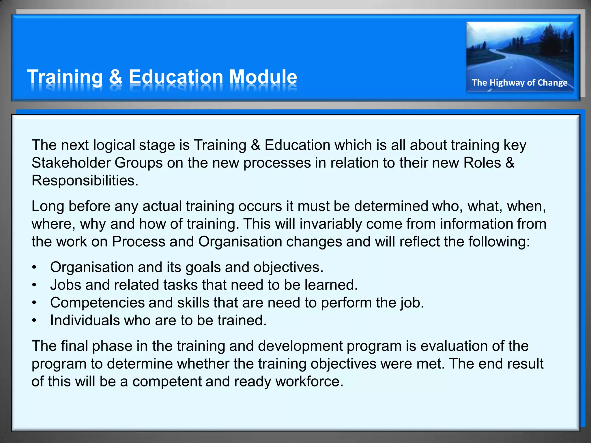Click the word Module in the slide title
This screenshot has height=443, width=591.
pyautogui.click(x=263, y=77)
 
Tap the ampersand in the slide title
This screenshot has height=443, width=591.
pyautogui.click(x=115, y=77)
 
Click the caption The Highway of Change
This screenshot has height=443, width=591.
pyautogui.click(x=519, y=83)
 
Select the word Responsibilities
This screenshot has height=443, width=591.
pyautogui.click(x=85, y=181)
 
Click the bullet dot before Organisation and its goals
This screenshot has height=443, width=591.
pyautogui.click(x=34, y=268)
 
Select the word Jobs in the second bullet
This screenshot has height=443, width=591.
pyautogui.click(x=66, y=285)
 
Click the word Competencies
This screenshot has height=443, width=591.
pyautogui.click(x=97, y=303)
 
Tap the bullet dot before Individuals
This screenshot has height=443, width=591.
pyautogui.click(x=34, y=321)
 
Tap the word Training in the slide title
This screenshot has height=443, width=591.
pyautogui.click(x=65, y=77)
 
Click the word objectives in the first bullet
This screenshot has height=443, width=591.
pyautogui.click(x=288, y=268)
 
